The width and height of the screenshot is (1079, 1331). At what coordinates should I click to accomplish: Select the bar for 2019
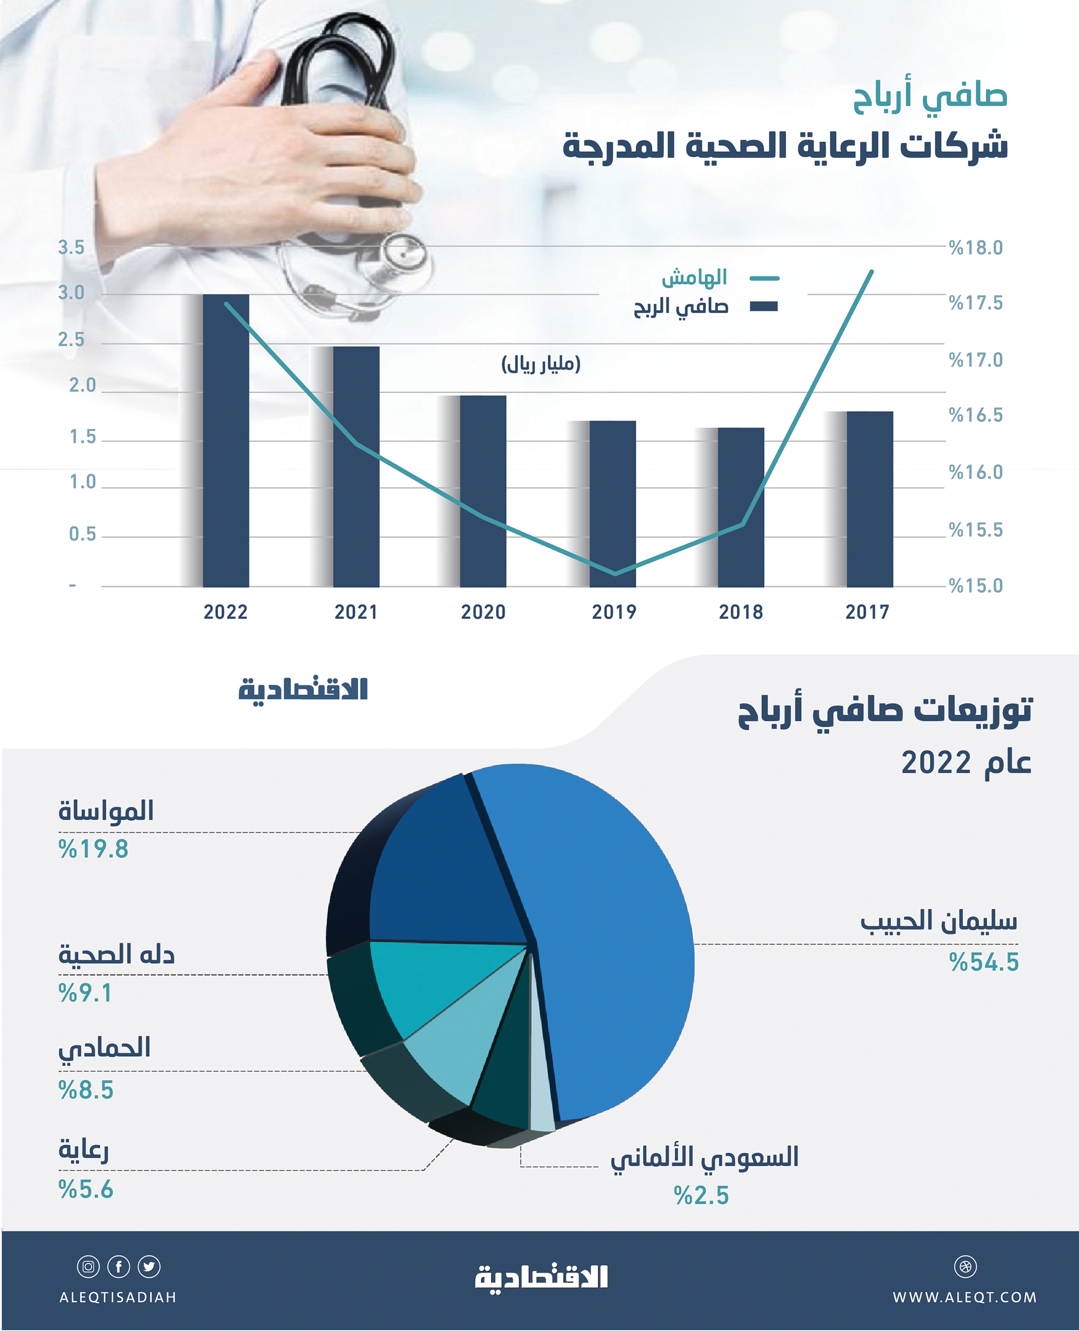(612, 503)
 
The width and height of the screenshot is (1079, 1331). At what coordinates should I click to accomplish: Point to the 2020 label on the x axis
(483, 612)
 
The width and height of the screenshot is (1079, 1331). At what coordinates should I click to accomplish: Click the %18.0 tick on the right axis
(976, 248)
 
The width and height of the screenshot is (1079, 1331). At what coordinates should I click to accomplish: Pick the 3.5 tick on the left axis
(71, 247)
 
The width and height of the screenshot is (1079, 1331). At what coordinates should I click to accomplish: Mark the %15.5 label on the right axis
(976, 530)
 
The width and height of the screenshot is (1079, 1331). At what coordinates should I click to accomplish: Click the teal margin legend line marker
(764, 279)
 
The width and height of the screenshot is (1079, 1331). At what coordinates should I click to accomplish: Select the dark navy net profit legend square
(764, 306)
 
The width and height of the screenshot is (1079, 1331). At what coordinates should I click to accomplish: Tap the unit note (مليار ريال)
(541, 364)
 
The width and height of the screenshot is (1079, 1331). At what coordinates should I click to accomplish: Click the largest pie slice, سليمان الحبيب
(609, 933)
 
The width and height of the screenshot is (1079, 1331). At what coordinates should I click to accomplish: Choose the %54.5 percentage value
(983, 962)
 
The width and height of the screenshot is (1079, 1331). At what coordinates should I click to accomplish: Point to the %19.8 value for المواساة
(93, 849)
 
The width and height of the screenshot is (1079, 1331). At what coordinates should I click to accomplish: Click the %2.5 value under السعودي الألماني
(701, 1195)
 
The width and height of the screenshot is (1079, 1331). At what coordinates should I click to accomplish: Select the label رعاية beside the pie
(83, 1150)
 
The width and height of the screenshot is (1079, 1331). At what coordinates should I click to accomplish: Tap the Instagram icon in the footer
(88, 1267)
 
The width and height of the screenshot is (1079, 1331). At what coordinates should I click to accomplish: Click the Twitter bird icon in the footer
(149, 1267)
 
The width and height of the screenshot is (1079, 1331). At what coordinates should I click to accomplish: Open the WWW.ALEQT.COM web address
(965, 1297)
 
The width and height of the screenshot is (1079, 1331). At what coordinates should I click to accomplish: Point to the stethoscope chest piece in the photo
(405, 255)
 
